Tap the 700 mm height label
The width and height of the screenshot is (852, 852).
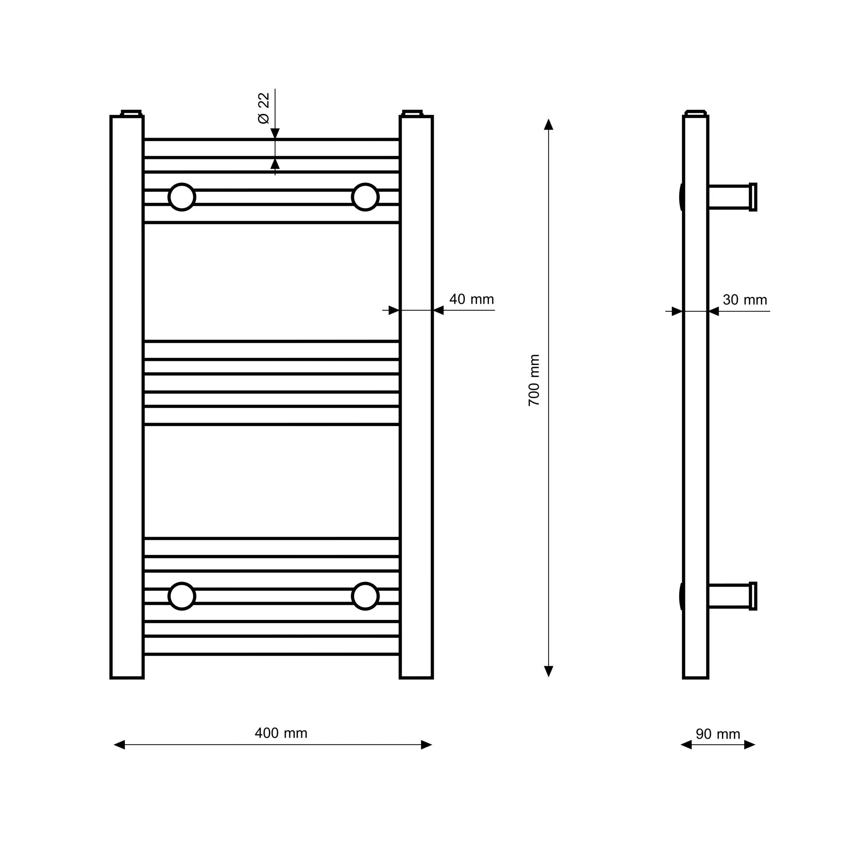pyautogui.click(x=534, y=380)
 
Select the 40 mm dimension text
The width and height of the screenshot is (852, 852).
pyautogui.click(x=472, y=299)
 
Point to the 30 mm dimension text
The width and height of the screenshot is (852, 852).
pyautogui.click(x=745, y=300)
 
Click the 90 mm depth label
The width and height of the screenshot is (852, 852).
pyautogui.click(x=718, y=734)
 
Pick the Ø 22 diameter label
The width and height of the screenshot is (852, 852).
pyautogui.click(x=263, y=108)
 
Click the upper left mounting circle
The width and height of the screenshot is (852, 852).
pyautogui.click(x=182, y=197)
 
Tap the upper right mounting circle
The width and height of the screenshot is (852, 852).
pyautogui.click(x=365, y=197)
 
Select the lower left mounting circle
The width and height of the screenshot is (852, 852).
pyautogui.click(x=182, y=596)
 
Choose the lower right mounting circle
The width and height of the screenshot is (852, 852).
pyautogui.click(x=365, y=596)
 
